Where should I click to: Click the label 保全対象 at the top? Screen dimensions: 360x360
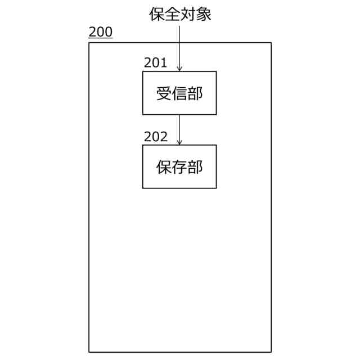180,13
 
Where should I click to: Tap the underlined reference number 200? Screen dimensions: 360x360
100,32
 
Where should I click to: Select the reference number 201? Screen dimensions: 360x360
155,62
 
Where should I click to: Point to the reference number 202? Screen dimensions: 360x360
155,136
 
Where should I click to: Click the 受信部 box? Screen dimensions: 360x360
179,93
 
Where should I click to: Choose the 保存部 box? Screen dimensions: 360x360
179,167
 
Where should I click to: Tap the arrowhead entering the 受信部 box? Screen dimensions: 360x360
179,68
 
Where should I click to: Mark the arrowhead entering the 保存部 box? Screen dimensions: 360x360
179,142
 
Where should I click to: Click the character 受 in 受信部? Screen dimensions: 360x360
164,93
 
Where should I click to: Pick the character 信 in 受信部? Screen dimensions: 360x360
179,93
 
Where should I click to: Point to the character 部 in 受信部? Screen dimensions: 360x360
195,93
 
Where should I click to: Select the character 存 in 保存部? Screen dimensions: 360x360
179,167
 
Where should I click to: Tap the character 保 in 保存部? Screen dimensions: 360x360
164,167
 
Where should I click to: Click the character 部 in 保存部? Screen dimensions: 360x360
195,167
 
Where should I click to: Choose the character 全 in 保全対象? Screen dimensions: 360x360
172,13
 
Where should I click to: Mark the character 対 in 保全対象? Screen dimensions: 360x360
188,13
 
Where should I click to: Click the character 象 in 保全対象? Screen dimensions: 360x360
204,13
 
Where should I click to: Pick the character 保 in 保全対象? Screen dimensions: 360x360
156,13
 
